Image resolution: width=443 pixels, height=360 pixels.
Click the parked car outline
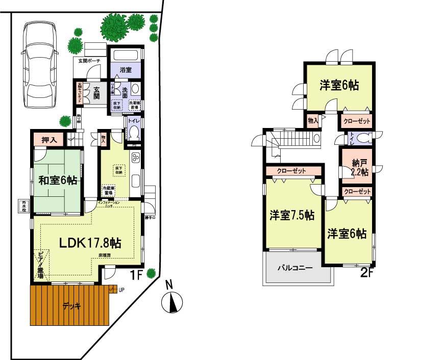coord(39,66)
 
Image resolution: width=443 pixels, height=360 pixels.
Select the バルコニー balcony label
coord(294,267)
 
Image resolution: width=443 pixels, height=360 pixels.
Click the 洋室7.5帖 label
coord(292,215)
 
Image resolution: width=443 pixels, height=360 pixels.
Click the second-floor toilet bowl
coord(364,138)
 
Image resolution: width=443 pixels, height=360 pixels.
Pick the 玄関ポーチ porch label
coord(89,61)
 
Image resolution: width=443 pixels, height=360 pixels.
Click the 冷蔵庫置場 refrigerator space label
coord(108,190)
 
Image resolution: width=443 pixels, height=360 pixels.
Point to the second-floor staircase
coord(293,138)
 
